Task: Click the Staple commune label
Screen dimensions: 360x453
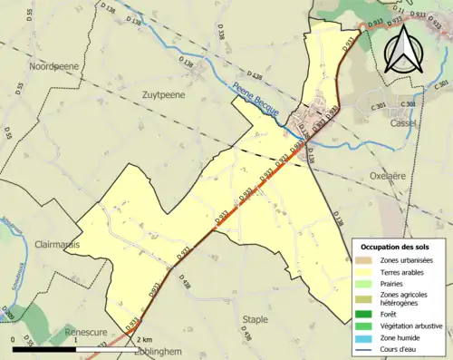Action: point(255,318)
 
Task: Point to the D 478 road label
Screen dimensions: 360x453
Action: point(188,284)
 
